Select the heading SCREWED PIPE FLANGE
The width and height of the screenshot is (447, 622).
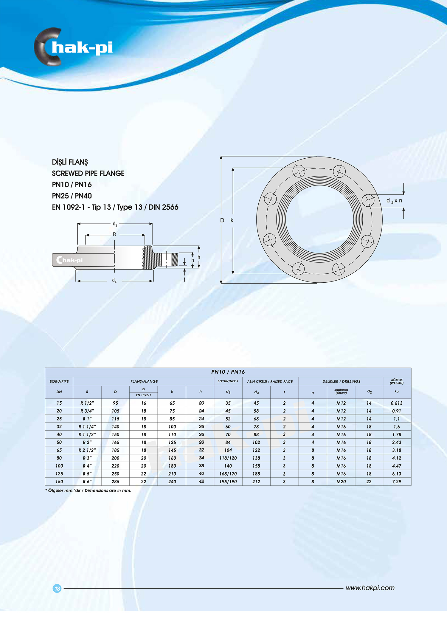[88, 173]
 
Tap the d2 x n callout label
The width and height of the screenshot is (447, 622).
[394, 201]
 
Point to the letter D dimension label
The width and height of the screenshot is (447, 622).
[222, 220]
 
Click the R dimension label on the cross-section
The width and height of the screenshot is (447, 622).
[114, 235]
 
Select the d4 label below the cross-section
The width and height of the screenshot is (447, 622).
[114, 281]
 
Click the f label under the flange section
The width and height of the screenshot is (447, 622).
[184, 280]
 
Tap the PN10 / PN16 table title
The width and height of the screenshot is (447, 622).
[228, 372]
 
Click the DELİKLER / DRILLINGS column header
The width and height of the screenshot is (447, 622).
[341, 381]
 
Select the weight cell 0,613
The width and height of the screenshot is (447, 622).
[397, 403]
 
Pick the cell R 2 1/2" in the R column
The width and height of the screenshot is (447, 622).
[87, 450]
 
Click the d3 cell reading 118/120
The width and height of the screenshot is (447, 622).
[228, 458]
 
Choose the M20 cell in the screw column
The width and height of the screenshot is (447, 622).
[341, 482]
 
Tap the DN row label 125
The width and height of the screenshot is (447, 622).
[59, 474]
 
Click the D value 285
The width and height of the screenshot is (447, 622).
[115, 482]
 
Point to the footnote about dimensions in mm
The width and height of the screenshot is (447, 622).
[88, 491]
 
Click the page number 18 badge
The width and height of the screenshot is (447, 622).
[57, 588]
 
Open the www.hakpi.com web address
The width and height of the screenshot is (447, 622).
[370, 588]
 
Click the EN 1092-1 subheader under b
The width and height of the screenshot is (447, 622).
[143, 395]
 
